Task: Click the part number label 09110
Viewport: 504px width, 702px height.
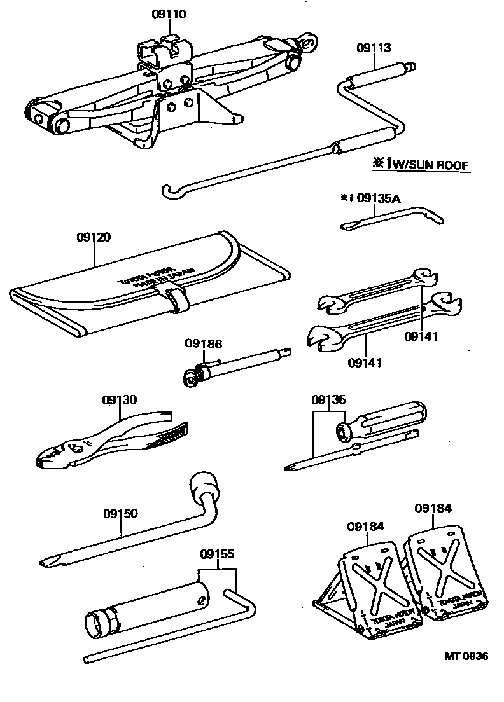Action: (x=169, y=14)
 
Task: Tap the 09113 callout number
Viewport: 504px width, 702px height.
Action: (x=374, y=47)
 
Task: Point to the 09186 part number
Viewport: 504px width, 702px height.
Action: (x=204, y=344)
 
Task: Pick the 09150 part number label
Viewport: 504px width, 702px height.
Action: (x=120, y=513)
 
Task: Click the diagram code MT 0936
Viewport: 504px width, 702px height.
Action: (x=467, y=657)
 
